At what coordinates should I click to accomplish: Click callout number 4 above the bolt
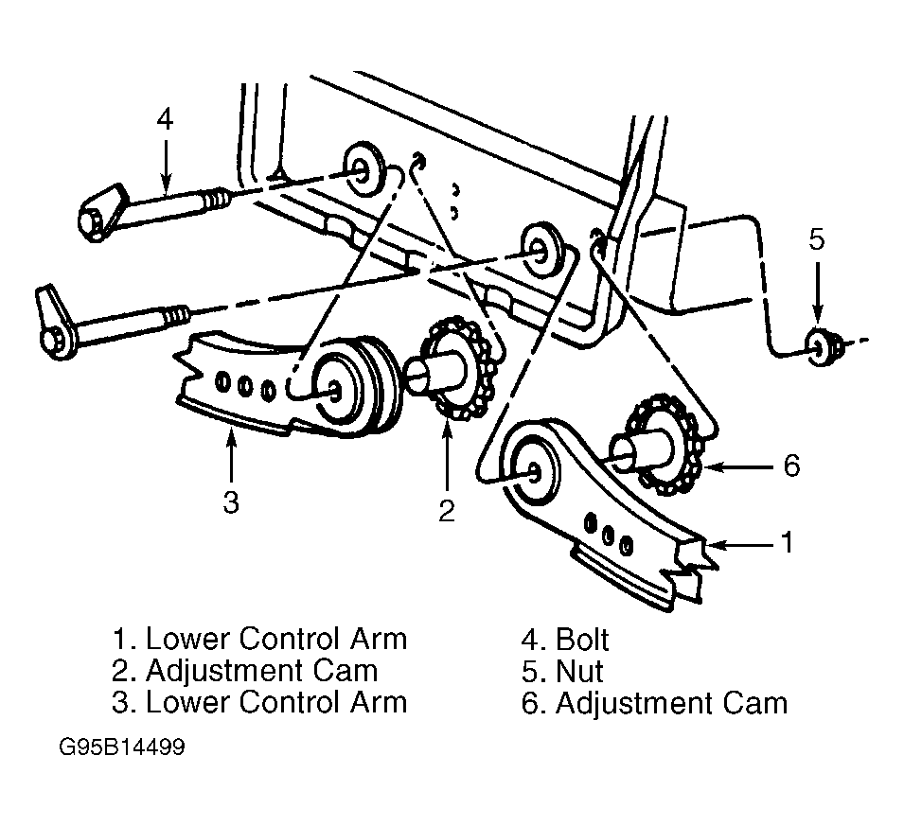click(x=165, y=120)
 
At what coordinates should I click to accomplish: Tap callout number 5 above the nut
click(x=816, y=238)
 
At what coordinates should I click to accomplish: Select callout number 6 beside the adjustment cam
click(x=791, y=466)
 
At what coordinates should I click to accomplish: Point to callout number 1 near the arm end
click(x=787, y=542)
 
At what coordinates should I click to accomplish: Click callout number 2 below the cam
click(x=447, y=510)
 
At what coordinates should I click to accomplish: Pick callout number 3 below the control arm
click(x=231, y=502)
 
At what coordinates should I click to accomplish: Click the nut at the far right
click(x=823, y=347)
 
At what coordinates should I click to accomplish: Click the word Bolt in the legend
click(x=582, y=640)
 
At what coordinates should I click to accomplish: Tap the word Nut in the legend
click(x=579, y=672)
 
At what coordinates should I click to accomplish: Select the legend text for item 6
click(x=654, y=703)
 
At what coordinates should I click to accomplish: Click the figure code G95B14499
click(x=122, y=747)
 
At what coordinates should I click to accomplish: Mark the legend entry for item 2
click(x=245, y=671)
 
